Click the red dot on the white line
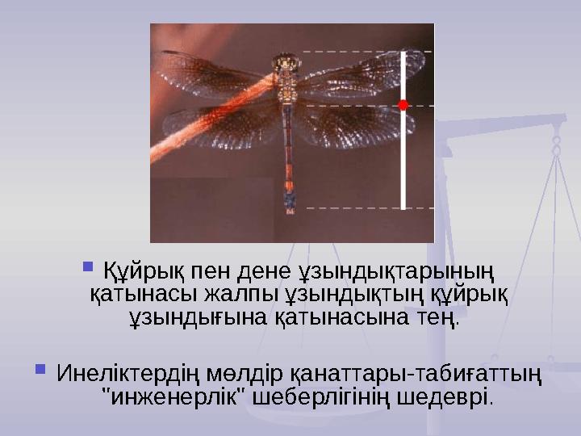(x=402, y=105)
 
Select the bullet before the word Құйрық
(x=88, y=265)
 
